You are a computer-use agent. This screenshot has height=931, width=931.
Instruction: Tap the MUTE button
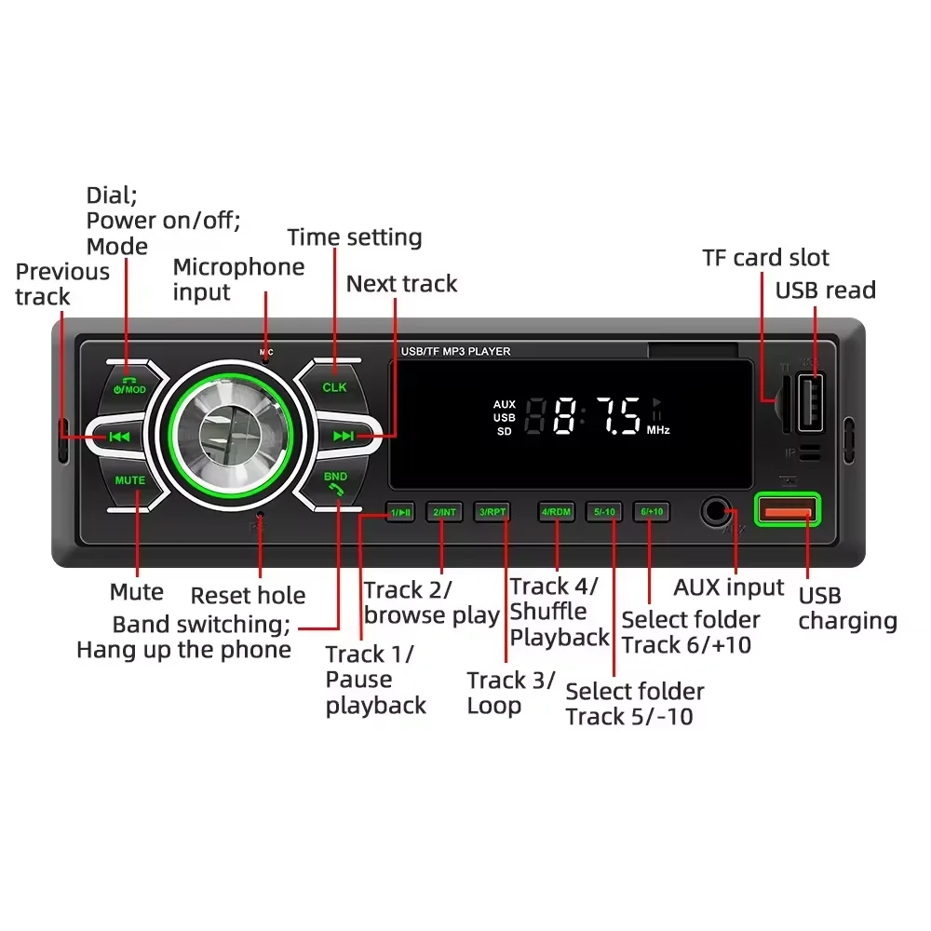click(130, 481)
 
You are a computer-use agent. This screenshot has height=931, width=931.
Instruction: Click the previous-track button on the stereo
click(118, 435)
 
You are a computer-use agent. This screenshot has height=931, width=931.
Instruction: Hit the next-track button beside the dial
click(344, 435)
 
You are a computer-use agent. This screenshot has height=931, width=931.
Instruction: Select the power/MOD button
click(128, 385)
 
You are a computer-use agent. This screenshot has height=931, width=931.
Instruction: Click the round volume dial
click(223, 436)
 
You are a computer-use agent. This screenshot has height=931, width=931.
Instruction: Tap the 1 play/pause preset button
click(400, 512)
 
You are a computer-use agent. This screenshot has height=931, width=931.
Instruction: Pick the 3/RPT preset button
click(492, 512)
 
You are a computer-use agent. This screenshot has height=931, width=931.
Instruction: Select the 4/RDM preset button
click(557, 512)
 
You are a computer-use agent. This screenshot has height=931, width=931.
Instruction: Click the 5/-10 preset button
click(605, 512)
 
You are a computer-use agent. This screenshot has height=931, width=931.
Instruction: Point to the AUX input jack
click(716, 511)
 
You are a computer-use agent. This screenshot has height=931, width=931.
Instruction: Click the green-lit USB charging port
click(788, 509)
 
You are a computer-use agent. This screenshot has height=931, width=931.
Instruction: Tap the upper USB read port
click(811, 401)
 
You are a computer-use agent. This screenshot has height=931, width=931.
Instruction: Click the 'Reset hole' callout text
click(248, 596)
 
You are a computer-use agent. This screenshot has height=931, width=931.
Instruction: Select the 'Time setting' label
click(355, 237)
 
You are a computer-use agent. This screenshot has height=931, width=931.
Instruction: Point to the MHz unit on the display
click(658, 430)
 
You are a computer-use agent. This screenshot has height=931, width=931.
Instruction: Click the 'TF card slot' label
click(765, 258)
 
